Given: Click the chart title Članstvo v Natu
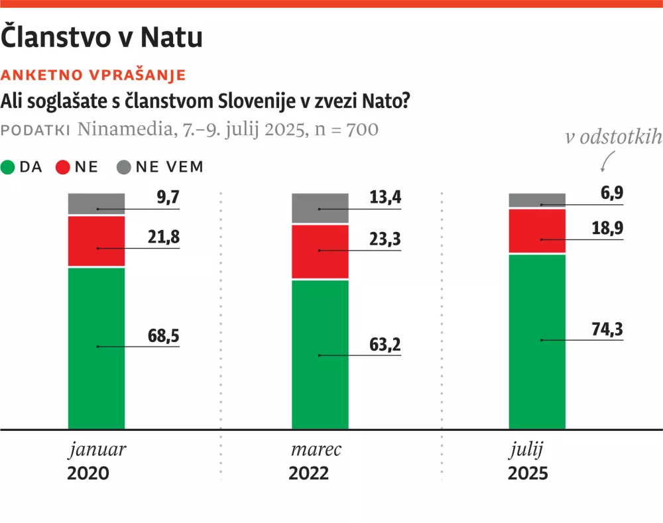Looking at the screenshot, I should pos(101,37).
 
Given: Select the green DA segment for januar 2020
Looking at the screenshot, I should pos(97,347).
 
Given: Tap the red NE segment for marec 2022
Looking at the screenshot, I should pos(320,252).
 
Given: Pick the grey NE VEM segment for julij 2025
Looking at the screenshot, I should pos(536,200).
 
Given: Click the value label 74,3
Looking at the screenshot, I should pos(608,330).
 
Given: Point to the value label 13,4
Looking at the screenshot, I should pos(385,199).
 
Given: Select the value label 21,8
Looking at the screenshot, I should pos(163,237).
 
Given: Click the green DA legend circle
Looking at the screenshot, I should pos(8,167).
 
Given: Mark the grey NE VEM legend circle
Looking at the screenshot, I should pos(123,167).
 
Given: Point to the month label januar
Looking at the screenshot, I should pos(97,450).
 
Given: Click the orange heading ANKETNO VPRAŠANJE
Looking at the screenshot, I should pos(93,74).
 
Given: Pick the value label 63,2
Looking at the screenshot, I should pos(385,345).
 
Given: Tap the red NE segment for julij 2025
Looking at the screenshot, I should pos(536,231).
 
